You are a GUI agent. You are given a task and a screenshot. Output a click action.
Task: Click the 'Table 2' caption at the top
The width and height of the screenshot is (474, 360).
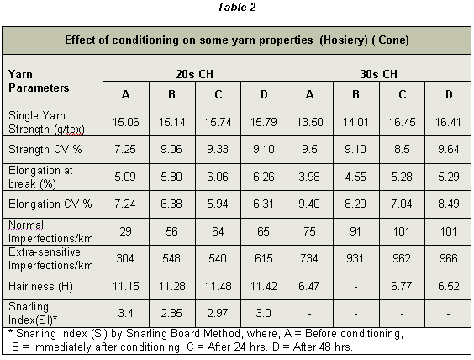pos(237,7)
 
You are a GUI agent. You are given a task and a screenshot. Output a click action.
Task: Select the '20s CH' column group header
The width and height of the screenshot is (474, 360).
pos(195,74)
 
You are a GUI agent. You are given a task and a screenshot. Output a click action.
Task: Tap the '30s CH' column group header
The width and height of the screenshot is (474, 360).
pos(378,74)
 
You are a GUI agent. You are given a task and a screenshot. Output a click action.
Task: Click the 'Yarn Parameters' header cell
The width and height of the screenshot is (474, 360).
pos(39,81)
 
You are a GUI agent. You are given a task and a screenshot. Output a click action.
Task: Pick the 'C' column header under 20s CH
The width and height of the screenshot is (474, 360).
pos(219,95)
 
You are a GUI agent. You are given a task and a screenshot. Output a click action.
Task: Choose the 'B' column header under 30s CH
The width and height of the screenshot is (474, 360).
pos(355,95)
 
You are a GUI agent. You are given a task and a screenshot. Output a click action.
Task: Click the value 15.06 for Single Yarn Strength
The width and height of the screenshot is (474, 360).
pos(126,122)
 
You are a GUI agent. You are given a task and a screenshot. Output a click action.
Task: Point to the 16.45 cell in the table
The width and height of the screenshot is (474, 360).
pos(402,122)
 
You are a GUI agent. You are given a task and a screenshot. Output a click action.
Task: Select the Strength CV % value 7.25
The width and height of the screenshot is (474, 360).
pos(125,149)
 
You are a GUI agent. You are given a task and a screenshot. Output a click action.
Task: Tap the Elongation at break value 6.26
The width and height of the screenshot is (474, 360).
pos(264,177)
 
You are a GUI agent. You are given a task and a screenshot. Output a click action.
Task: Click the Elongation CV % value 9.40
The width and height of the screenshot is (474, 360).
pos(309,204)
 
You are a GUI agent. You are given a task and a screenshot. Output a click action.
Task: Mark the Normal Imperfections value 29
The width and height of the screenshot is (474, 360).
pos(125,231)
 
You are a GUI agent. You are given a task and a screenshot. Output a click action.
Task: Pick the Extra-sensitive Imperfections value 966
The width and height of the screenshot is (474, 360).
pos(448,258)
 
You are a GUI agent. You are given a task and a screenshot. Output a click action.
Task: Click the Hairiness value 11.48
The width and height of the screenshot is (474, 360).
pos(218,286)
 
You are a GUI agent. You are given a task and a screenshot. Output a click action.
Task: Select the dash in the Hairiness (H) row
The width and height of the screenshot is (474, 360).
pos(355,287)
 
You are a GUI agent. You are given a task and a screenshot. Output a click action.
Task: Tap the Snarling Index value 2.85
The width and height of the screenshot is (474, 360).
pos(171,313)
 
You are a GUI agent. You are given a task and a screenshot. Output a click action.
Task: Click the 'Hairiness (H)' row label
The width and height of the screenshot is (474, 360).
pos(40,287)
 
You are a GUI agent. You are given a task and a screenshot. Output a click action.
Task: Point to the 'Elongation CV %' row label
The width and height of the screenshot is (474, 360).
pos(50,204)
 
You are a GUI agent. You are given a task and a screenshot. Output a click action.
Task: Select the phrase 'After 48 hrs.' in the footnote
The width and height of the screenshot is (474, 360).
pos(323,347)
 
